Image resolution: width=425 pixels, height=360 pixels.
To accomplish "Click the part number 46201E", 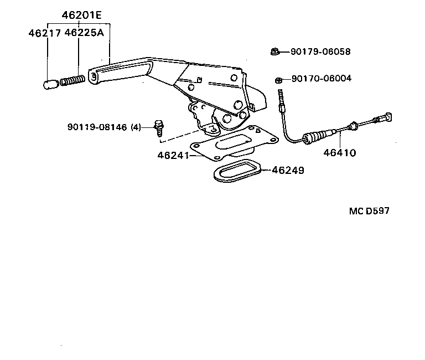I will [78, 16].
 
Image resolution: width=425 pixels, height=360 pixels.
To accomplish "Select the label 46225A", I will [84, 33].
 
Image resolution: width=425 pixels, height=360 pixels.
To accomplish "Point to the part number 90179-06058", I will [320, 52].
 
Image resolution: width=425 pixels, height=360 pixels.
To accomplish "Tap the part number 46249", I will [288, 171].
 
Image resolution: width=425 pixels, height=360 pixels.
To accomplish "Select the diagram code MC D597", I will [372, 211].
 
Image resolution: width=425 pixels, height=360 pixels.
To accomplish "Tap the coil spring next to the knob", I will [71, 81].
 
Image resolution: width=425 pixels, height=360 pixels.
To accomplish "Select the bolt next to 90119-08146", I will [158, 128].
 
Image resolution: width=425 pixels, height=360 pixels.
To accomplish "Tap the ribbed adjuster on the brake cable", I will [319, 135].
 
